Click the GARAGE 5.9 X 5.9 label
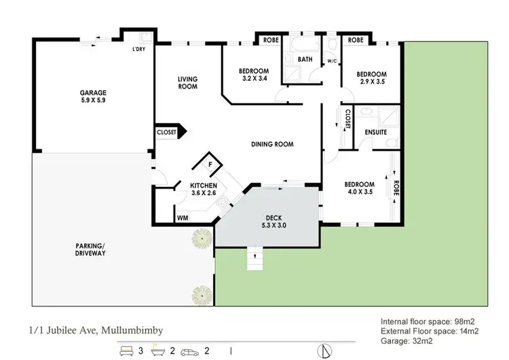[93, 96]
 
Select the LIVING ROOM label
[187, 83]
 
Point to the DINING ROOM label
[272, 144]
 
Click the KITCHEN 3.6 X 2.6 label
[203, 189]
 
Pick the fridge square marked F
[210, 165]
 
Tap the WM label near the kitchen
[182, 218]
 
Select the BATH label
[305, 59]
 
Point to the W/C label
[333, 61]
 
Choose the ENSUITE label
[375, 132]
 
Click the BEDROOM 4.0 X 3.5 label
[359, 188]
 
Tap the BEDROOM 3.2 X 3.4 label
[254, 75]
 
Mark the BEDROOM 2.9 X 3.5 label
[371, 78]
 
